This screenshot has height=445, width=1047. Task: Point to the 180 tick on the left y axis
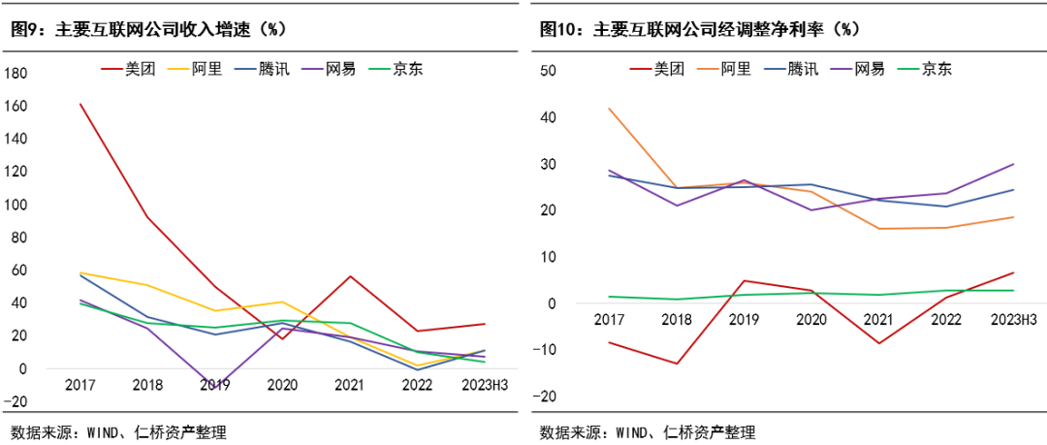[17, 73]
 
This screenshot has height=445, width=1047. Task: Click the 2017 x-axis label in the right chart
[609, 319]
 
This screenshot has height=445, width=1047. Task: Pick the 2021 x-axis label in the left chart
[350, 386]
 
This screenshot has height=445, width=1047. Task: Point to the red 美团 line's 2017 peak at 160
[79, 104]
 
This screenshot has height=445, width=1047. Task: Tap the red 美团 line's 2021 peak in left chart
[350, 276]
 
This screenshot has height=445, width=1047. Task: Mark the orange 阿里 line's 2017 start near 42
[609, 109]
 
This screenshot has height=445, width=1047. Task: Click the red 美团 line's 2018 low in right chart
[677, 364]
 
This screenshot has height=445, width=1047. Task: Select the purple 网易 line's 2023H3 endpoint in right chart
[1014, 164]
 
